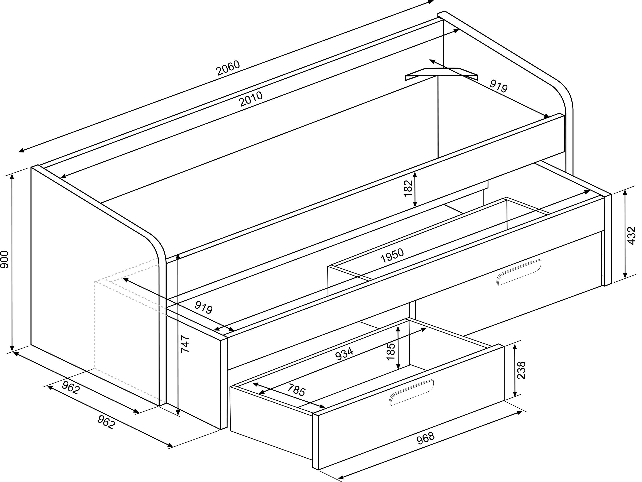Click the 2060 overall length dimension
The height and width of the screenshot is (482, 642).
(x=228, y=68)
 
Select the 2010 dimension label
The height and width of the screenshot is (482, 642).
(x=251, y=99)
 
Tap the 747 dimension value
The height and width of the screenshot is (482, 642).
(x=185, y=344)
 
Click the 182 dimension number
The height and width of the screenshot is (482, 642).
(x=408, y=188)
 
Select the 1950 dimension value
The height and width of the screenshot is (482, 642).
(x=392, y=256)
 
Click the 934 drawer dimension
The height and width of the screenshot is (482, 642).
(x=345, y=354)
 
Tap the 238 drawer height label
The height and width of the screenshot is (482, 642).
(x=522, y=370)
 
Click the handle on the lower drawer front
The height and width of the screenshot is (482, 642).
(x=412, y=392)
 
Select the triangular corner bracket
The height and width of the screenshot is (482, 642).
(x=441, y=74)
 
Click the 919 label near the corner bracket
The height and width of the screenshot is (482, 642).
(x=498, y=86)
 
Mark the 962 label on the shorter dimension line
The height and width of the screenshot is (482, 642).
(x=71, y=388)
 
